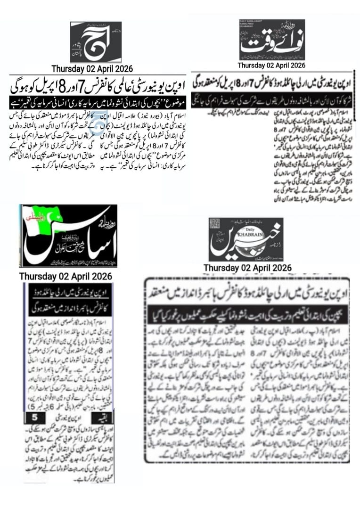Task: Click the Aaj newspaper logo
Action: pyautogui.click(x=96, y=41)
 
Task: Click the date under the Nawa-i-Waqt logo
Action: pyautogui.click(x=271, y=65)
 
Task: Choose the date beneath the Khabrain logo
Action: pyautogui.click(x=247, y=268)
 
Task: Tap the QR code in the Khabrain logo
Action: pyautogui.click(x=215, y=224)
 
